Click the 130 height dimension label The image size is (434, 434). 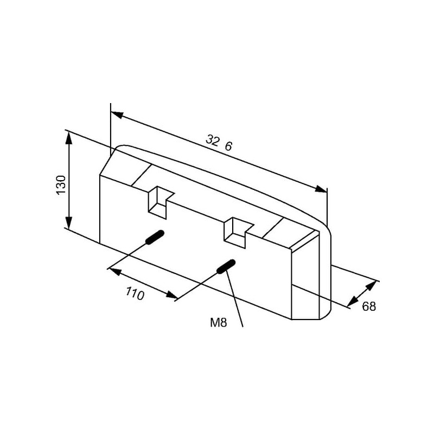click(x=61, y=185)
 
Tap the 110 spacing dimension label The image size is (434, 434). click(x=135, y=293)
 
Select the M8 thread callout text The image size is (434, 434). click(x=219, y=322)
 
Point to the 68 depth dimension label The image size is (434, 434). click(x=369, y=307)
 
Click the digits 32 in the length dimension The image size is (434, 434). click(x=213, y=140)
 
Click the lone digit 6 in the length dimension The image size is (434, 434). click(x=228, y=146)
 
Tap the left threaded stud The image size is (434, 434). click(x=155, y=237)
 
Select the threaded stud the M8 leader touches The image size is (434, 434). click(x=226, y=266)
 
